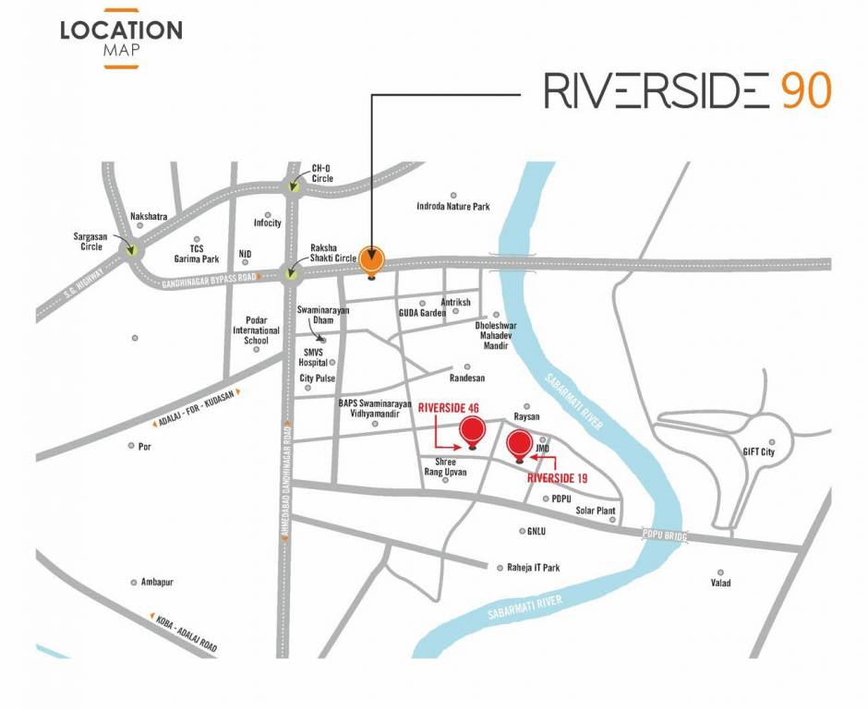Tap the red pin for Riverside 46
coord(473,429)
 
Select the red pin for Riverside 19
coord(520,443)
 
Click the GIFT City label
coord(758,453)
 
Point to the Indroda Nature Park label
coord(453,207)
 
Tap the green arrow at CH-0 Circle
coord(294,187)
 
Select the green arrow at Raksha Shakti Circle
coord(293,272)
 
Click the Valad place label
coord(720,583)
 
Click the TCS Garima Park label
coord(196,254)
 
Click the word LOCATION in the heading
coord(121,30)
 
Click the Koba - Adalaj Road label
coord(182,631)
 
